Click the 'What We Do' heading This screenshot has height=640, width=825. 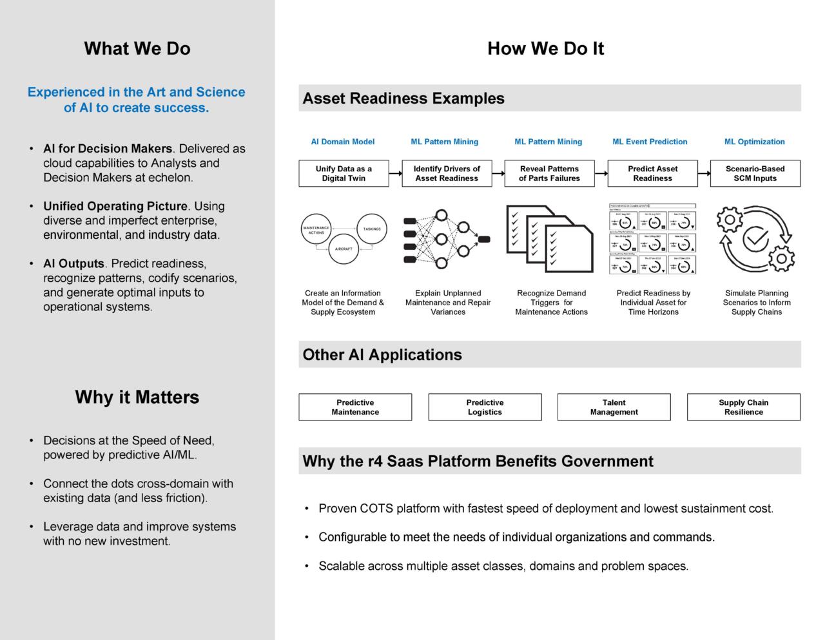(x=137, y=48)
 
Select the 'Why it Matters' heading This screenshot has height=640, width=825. (x=137, y=397)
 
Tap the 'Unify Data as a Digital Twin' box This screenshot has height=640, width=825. (x=344, y=174)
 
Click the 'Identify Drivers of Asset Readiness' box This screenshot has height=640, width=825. (x=447, y=174)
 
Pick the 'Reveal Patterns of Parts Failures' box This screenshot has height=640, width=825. (x=549, y=174)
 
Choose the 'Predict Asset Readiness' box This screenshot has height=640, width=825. (x=652, y=174)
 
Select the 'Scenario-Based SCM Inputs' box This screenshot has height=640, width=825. (x=755, y=174)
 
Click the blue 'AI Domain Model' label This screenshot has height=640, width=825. (x=342, y=142)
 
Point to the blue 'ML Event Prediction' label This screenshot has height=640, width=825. (x=650, y=142)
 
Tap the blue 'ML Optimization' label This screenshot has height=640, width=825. (x=754, y=142)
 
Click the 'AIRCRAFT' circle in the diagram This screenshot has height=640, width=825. (x=344, y=249)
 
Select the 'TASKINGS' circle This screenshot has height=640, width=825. (x=372, y=229)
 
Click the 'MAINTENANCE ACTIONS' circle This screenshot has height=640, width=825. (x=316, y=230)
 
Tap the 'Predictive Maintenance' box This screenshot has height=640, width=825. (x=355, y=408)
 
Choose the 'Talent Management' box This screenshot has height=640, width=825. (x=614, y=408)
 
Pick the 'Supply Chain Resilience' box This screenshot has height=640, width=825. (x=743, y=408)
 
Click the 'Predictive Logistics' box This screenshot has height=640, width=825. (x=485, y=408)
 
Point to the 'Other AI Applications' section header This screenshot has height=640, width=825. (x=382, y=355)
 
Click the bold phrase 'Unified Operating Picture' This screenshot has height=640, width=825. (x=115, y=207)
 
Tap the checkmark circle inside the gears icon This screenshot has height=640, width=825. (x=755, y=239)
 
